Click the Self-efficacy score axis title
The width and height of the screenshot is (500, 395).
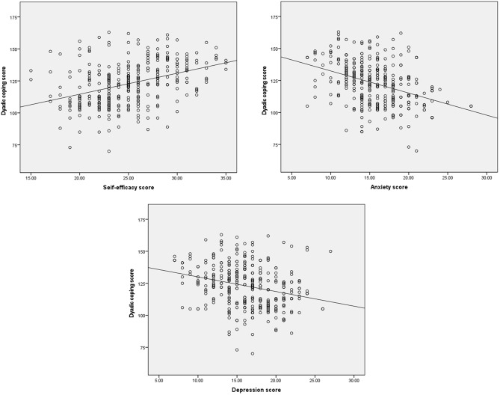tap(129, 187)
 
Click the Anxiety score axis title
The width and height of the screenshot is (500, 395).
tap(389, 187)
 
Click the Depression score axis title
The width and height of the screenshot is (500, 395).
tap(256, 390)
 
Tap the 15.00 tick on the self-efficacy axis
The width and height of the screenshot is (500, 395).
tap(31, 178)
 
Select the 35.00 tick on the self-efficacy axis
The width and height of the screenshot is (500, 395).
tap(226, 178)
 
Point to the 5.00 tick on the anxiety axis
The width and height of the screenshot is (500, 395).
tap(291, 178)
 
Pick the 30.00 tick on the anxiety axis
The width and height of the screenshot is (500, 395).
tap(487, 178)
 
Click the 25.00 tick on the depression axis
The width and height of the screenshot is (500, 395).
tap(315, 380)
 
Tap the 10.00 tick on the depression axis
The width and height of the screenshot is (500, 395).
tap(198, 380)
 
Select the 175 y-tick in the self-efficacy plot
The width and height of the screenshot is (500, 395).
tap(14, 17)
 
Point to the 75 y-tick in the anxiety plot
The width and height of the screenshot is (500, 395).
tap(275, 145)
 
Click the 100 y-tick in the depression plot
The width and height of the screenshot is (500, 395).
tap(141, 315)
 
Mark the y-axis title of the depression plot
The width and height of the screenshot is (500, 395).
tap(132, 293)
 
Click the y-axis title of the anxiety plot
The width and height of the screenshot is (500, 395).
tap(264, 91)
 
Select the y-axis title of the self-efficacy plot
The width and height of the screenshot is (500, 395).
tap(4, 91)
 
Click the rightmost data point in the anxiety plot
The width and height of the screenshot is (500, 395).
tap(471, 106)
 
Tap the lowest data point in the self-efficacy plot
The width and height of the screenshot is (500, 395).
tap(108, 151)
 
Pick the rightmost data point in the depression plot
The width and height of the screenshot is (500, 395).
tap(330, 251)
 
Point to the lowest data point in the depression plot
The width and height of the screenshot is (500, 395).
tap(253, 354)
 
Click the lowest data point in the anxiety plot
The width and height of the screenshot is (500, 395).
tap(416, 151)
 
